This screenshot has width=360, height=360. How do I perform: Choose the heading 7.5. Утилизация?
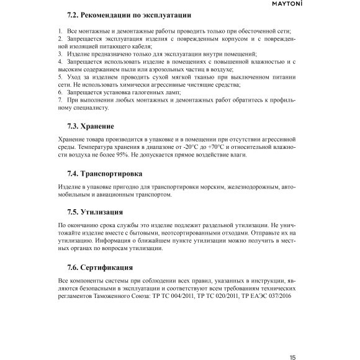(x=95, y=211)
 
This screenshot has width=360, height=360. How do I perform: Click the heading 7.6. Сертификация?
(x=99, y=268)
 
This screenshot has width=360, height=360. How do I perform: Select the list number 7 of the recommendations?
(x=60, y=99)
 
